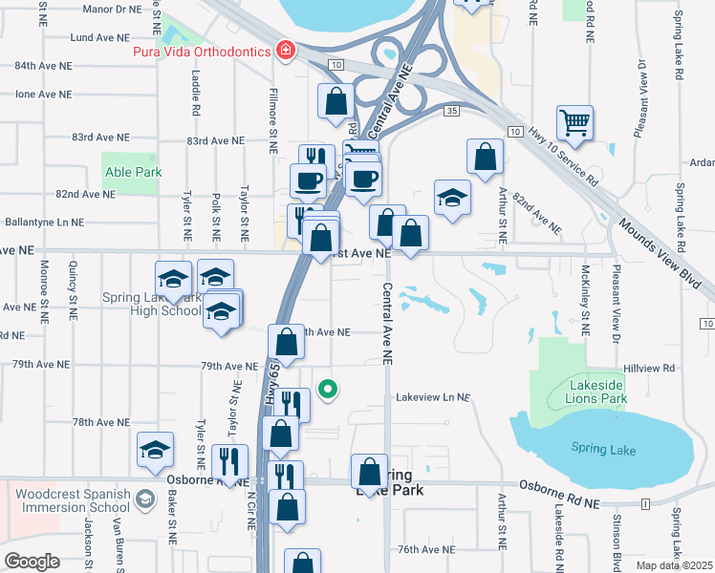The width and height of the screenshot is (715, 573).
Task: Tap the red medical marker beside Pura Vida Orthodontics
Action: point(284,49)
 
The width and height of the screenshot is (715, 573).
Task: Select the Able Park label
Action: point(133,173)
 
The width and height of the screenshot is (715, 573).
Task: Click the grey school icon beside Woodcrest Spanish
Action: point(144,499)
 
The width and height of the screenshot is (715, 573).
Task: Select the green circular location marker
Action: point(328,389)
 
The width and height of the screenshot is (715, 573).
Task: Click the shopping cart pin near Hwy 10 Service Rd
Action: point(574,121)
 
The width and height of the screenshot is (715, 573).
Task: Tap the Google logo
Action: point(32,562)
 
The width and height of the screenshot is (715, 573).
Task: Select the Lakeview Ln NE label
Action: point(433,396)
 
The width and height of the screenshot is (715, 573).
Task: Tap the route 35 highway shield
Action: point(452,112)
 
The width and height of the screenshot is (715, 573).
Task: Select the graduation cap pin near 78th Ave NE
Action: point(156,450)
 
